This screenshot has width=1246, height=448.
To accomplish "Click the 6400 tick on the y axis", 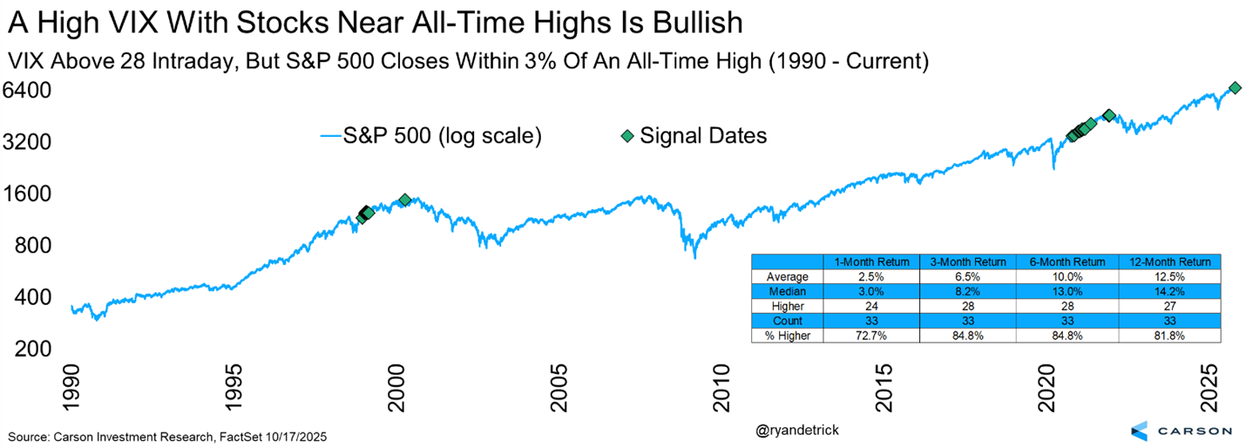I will tap(29, 90).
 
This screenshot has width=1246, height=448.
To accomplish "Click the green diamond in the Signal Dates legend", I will tap(626, 136).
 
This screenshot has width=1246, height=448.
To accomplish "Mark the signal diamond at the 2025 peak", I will tap(1235, 88).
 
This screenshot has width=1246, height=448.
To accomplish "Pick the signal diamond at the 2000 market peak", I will tap(404, 200).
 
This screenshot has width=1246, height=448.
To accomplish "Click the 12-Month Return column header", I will tap(1170, 261).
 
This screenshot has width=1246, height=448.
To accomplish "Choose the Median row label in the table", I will tap(787, 292).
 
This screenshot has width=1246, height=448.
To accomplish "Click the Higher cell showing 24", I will tap(871, 307).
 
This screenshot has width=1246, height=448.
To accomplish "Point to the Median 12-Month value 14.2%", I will tap(1170, 292).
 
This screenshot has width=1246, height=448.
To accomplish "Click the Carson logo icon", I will tap(1141, 430).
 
